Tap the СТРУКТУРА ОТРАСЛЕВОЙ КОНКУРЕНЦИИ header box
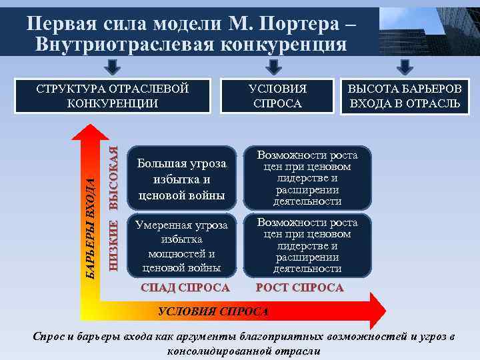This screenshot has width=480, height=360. (113, 96)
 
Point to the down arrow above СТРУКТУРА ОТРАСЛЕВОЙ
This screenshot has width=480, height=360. (113, 67)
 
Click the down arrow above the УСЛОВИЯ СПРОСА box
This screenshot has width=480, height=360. (272, 67)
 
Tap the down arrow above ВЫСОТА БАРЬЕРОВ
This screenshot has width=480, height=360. (403, 67)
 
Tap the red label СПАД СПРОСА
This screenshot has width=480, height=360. (185, 288)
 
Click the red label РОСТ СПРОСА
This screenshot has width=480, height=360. (301, 288)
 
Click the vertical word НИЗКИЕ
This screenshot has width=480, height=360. (114, 244)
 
